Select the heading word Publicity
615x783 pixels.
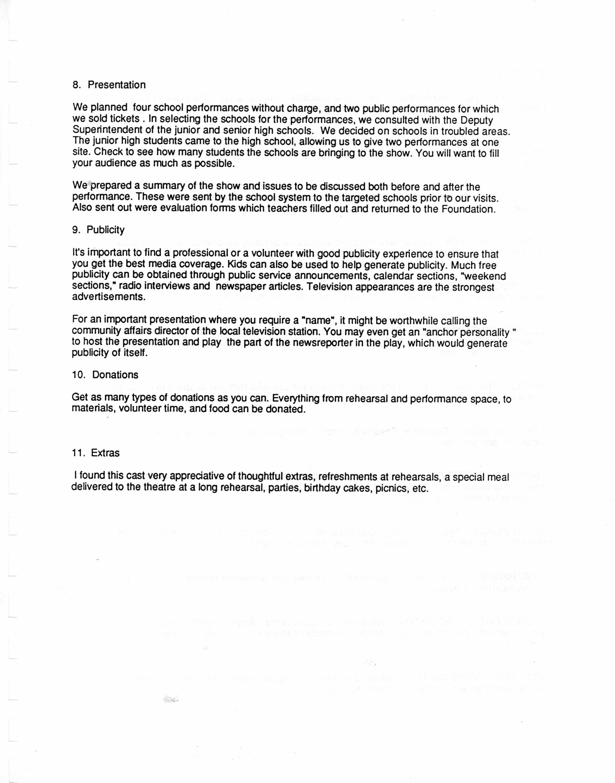pos(105,230)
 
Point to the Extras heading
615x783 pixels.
pos(105,453)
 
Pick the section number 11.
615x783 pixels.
pos(78,453)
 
